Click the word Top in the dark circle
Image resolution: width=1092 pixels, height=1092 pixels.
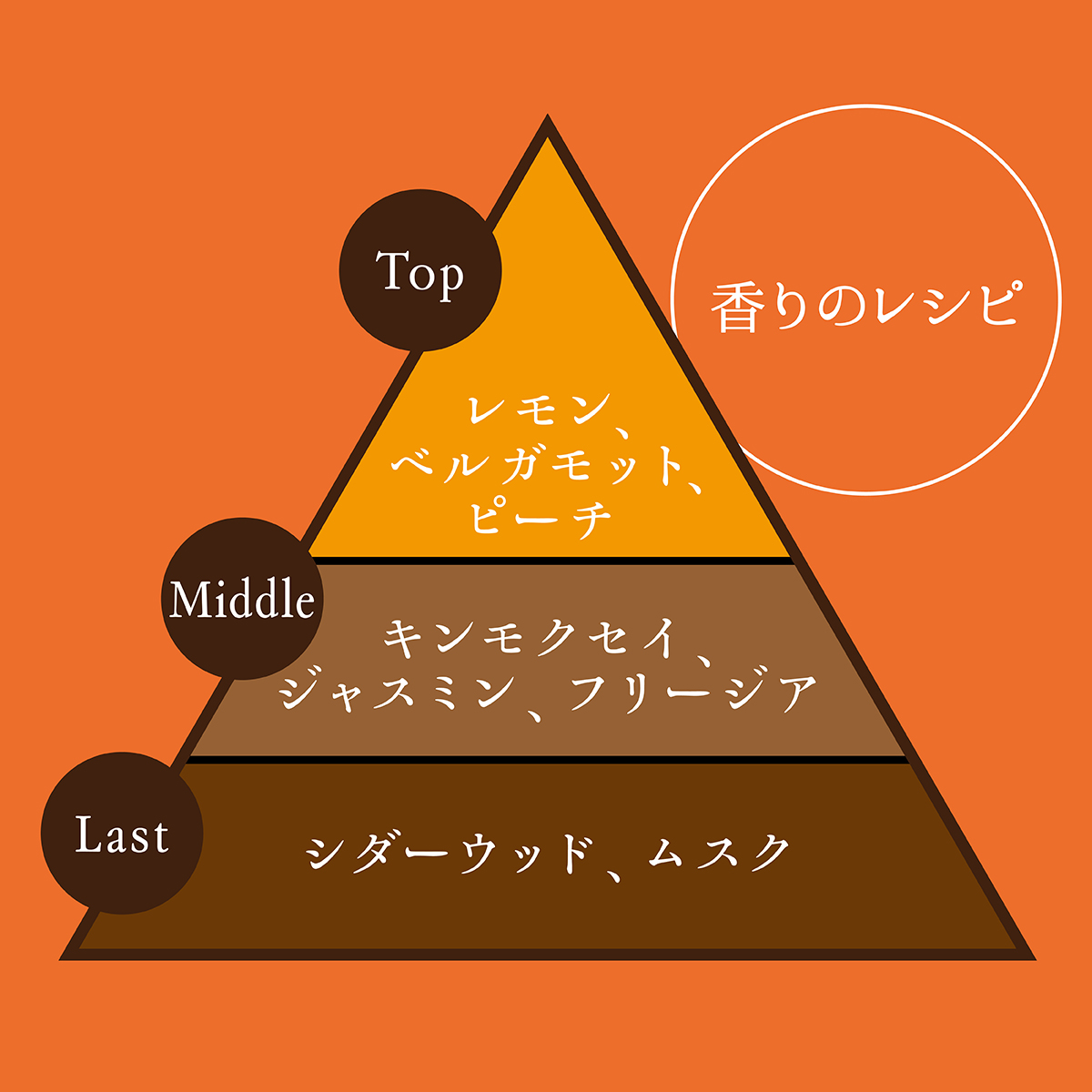point(420,272)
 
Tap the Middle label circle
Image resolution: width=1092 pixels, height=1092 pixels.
point(242,599)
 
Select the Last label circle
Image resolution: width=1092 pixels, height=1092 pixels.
point(122,834)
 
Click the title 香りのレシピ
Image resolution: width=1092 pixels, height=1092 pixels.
point(864,306)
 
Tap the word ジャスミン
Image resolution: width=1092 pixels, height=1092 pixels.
point(397,693)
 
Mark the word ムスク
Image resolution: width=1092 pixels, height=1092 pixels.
point(719,853)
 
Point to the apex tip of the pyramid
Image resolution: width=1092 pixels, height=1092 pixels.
point(547,120)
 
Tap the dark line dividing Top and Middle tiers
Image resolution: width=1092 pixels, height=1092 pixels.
point(551,561)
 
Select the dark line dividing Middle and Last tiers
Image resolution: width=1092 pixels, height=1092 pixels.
point(546,759)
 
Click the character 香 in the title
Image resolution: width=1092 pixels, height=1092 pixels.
point(734,307)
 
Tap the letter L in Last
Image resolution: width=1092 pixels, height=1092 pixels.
point(87,834)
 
